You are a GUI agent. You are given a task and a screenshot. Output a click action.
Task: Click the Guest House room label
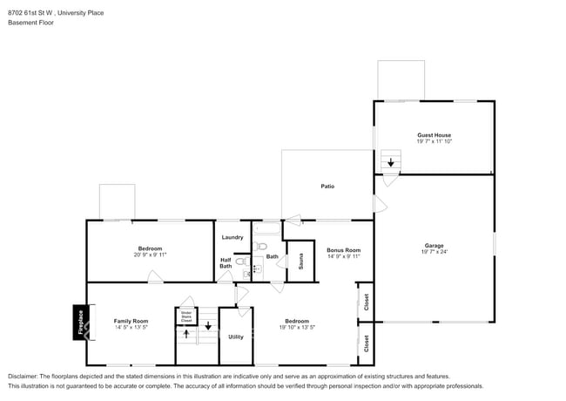click(x=434, y=135)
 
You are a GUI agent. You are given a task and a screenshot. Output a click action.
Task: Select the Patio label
click(x=327, y=186)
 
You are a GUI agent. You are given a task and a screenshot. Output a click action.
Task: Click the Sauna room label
click(x=300, y=261)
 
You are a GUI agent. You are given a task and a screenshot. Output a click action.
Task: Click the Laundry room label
click(x=232, y=237)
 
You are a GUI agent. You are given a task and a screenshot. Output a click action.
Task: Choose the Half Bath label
click(x=226, y=262)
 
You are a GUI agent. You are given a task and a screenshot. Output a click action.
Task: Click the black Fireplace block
click(x=79, y=322)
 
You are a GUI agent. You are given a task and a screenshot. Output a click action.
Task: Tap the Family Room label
click(x=131, y=321)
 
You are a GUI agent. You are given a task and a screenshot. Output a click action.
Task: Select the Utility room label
click(x=236, y=336)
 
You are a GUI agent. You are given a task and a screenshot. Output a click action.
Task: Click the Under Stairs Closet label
click(x=186, y=316)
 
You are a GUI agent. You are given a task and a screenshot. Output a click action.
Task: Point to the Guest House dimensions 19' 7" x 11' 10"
click(x=434, y=141)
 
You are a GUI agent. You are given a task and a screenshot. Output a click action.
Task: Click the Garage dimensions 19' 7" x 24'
click(x=434, y=252)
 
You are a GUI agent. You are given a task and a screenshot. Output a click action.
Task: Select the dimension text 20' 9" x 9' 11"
click(x=150, y=255)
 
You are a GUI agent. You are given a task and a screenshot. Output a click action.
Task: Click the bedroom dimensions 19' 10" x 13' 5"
click(x=297, y=328)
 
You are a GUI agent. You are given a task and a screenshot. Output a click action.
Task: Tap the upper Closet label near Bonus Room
click(x=367, y=302)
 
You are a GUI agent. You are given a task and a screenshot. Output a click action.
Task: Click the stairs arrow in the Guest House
click(x=391, y=162)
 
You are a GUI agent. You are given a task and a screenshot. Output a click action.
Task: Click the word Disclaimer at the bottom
click(x=25, y=377)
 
